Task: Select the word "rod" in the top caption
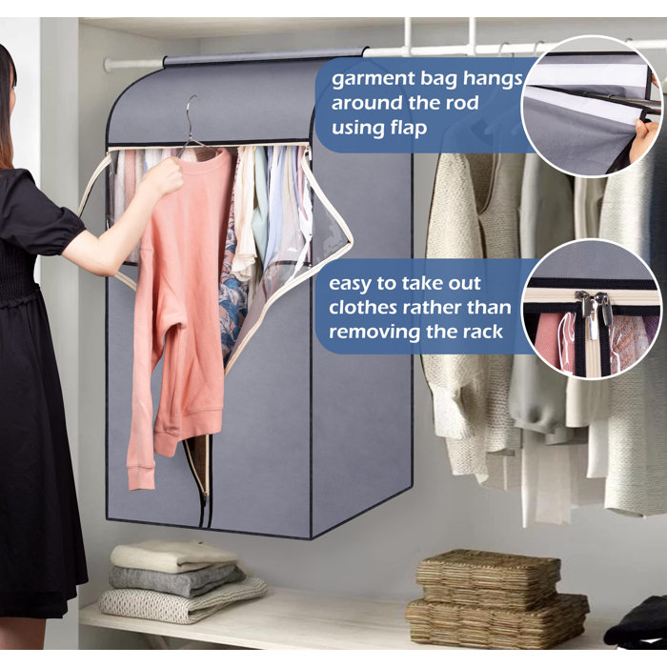(x=462, y=103)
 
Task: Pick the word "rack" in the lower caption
(x=483, y=332)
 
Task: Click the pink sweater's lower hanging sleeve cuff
(x=140, y=478)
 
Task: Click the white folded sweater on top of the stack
(x=173, y=556)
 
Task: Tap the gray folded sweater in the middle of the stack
(x=176, y=580)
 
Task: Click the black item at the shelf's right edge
(x=636, y=622)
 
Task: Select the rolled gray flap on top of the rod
(x=265, y=56)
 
